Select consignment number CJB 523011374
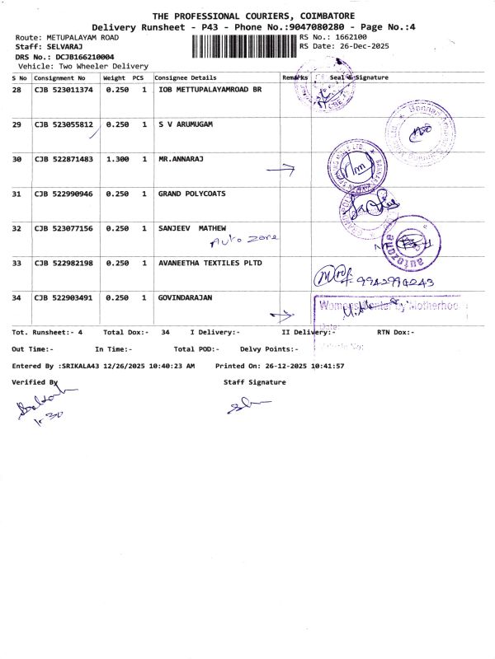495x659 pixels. tap(64, 89)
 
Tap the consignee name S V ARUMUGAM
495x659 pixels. tap(186, 124)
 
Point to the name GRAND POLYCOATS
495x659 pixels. tap(191, 194)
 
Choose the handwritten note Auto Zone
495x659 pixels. tap(245, 239)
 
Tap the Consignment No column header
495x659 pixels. tap(59, 77)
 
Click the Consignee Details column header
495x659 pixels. tap(186, 77)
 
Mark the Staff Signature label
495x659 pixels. tap(254, 382)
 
